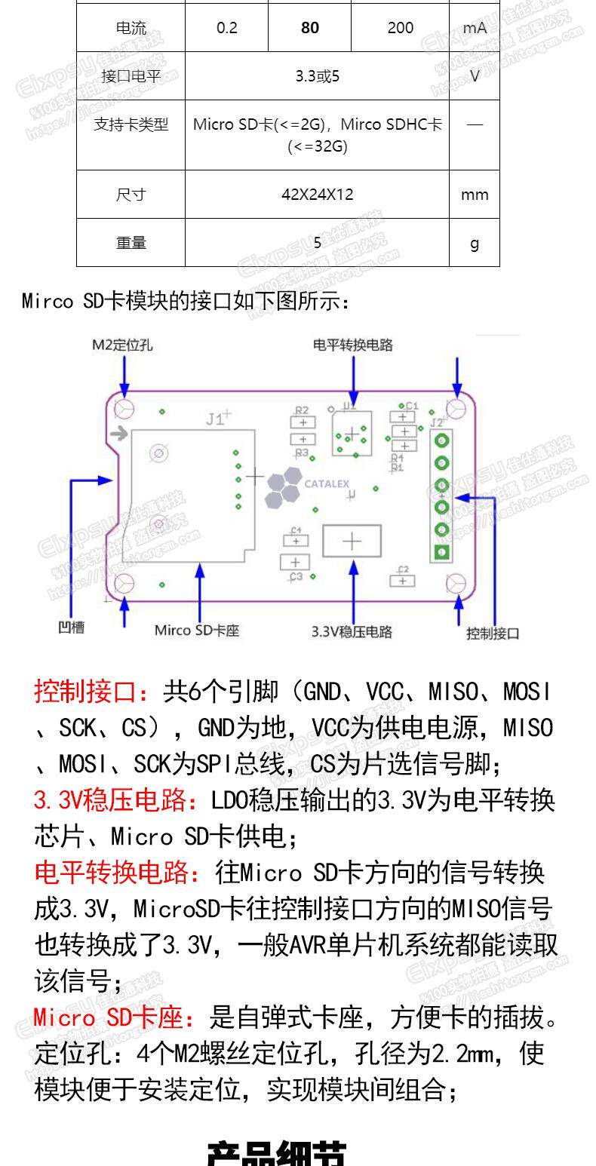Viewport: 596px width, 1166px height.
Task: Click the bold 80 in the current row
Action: tap(309, 28)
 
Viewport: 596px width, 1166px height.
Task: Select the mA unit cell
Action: tap(475, 28)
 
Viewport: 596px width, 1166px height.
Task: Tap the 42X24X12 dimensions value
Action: tap(317, 195)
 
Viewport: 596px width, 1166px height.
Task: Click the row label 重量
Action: tap(131, 243)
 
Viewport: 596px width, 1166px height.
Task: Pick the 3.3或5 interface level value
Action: tap(317, 76)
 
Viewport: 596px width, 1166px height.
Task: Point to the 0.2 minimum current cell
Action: tap(226, 28)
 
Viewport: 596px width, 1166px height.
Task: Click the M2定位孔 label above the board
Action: tap(122, 345)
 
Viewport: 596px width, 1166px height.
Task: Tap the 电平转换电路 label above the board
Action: tap(353, 345)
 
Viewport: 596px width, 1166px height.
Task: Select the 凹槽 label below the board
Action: tap(72, 627)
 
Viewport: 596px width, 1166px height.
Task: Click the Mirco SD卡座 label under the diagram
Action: tap(197, 630)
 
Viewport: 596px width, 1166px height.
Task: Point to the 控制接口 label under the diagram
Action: tap(493, 633)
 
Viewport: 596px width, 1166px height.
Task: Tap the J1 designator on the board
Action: tap(217, 419)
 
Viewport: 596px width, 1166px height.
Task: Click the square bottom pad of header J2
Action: tap(442, 553)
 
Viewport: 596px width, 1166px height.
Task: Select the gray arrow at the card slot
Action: tap(118, 434)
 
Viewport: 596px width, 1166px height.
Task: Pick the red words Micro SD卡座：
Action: tap(118, 1018)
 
